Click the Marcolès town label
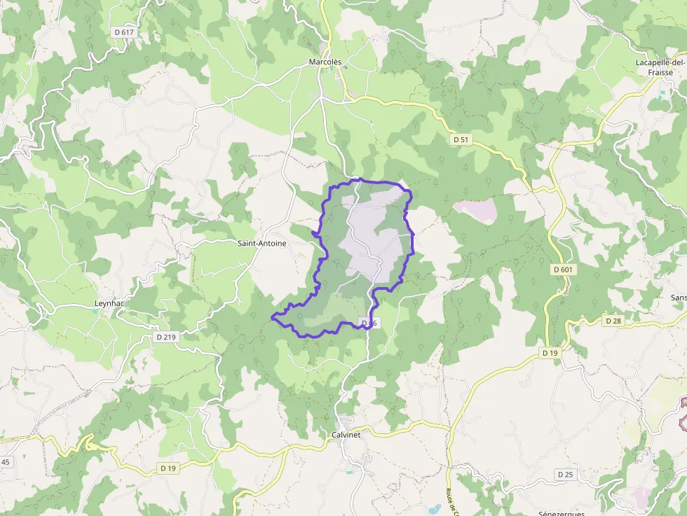[325, 62]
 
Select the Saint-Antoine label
[261, 243]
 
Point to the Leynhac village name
[109, 303]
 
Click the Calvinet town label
[346, 435]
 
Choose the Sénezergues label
[562, 512]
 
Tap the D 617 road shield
[123, 32]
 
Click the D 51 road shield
[461, 139]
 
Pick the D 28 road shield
[612, 320]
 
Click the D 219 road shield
[166, 337]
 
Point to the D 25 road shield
[565, 474]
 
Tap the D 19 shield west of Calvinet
[168, 468]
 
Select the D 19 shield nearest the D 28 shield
[550, 353]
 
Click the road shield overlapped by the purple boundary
[369, 322]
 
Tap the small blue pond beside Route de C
[435, 508]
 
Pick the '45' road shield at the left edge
[5, 461]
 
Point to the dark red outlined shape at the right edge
[683, 413]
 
